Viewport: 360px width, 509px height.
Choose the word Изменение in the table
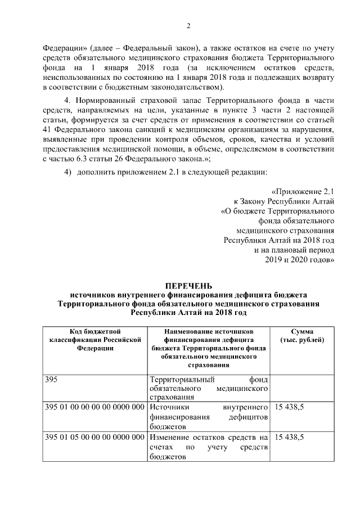coord(170,437)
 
